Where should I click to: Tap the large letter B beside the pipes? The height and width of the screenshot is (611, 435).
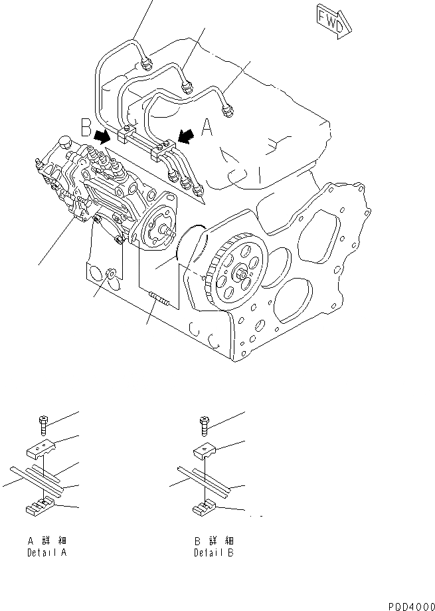[84, 126]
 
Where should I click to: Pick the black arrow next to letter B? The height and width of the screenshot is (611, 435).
[103, 137]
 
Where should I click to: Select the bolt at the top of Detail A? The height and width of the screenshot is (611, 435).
[43, 422]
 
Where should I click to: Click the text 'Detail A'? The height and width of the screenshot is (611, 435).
[46, 552]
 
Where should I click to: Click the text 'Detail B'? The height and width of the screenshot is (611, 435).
[213, 552]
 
